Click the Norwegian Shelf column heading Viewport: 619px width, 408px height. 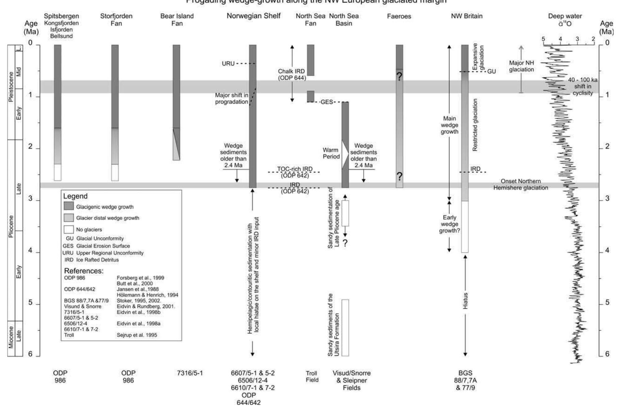click(253, 16)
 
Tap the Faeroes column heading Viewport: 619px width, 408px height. click(399, 16)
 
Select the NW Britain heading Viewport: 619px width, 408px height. click(467, 16)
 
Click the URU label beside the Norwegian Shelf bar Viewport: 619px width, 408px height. click(228, 64)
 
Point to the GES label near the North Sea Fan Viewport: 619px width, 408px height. click(327, 102)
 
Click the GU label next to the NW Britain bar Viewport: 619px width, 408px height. click(491, 71)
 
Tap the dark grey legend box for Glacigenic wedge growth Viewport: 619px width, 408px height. click(69, 206)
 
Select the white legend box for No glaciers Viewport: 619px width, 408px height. click(69, 229)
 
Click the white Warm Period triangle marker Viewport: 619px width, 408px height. click(345, 155)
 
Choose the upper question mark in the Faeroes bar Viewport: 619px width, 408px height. click(399, 76)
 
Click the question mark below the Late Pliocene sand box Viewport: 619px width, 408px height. click(345, 243)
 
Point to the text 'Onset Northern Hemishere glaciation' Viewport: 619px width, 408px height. click(521, 184)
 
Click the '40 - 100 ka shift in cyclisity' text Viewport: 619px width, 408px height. click(582, 86)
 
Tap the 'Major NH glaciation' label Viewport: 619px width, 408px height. click(521, 66)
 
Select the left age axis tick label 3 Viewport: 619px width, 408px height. click(30, 199)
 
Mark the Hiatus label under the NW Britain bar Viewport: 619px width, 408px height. click(465, 301)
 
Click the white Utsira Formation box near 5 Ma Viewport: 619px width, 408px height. click(345, 328)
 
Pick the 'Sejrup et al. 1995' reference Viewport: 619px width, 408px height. click(137, 335)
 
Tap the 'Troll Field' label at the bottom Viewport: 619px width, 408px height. click(312, 376)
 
